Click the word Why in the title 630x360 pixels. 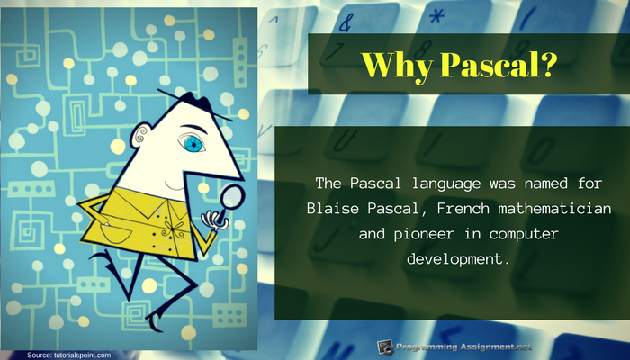tap(397, 65)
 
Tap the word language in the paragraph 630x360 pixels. tap(446, 184)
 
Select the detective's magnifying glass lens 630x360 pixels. tap(233, 196)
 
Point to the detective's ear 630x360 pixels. tap(139, 135)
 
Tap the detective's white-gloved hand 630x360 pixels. tap(214, 220)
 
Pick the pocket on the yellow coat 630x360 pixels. tap(116, 232)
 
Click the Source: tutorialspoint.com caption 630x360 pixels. tap(68, 355)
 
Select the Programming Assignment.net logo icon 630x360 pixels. tap(385, 347)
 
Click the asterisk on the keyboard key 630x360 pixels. tap(436, 16)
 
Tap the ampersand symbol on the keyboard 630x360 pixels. tap(346, 22)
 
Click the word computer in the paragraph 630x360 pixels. tap(525, 234)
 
